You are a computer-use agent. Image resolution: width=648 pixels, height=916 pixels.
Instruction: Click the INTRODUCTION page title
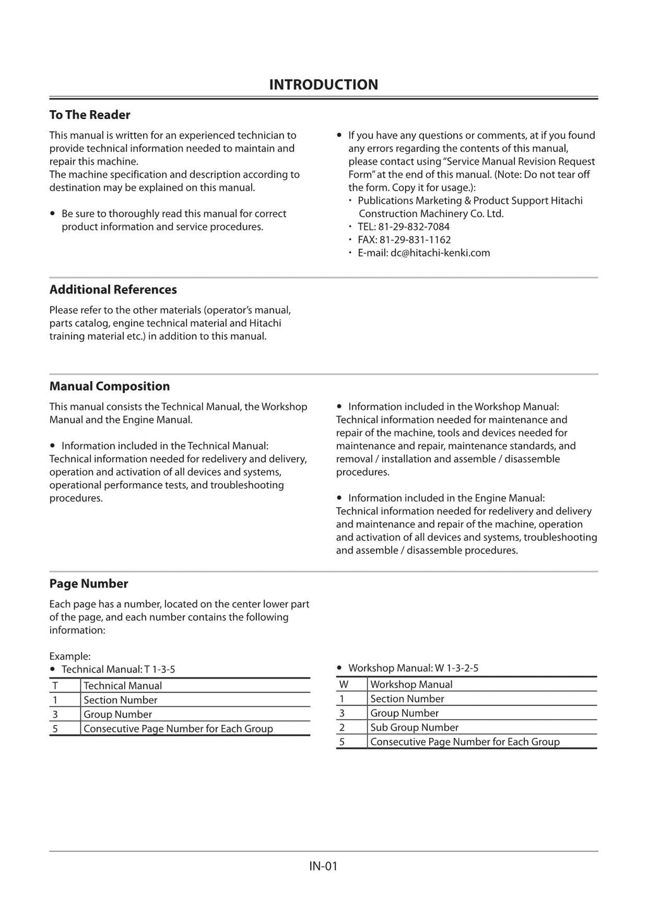pyautogui.click(x=323, y=85)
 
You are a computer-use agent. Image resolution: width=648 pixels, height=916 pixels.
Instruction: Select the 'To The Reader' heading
pyautogui.click(x=90, y=115)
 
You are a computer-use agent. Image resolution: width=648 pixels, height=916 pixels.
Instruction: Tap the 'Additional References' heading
pyautogui.click(x=113, y=289)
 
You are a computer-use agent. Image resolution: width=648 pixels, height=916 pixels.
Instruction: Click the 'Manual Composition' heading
pyautogui.click(x=109, y=386)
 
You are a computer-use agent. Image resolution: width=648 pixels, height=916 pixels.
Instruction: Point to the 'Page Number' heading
pyautogui.click(x=89, y=584)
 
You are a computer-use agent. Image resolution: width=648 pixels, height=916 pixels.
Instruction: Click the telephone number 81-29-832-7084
pyautogui.click(x=414, y=227)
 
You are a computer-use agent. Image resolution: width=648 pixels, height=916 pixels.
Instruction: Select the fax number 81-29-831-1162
pyautogui.click(x=415, y=240)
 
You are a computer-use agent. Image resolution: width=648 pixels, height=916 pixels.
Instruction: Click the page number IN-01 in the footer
pyautogui.click(x=323, y=866)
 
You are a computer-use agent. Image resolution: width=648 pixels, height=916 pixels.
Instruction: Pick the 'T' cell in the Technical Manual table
pyautogui.click(x=55, y=686)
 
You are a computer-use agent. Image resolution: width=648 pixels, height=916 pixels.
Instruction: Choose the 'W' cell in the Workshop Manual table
pyautogui.click(x=344, y=684)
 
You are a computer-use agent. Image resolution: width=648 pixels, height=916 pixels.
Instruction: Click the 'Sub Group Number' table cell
pyautogui.click(x=414, y=727)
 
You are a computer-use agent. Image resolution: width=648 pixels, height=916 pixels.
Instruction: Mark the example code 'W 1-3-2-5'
pyautogui.click(x=456, y=668)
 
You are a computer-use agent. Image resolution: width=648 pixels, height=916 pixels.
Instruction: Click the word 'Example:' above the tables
pyautogui.click(x=70, y=656)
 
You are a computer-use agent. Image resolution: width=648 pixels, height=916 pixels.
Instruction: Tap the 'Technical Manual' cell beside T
pyautogui.click(x=123, y=686)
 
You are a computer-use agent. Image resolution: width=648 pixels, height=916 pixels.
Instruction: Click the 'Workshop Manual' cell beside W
pyautogui.click(x=411, y=684)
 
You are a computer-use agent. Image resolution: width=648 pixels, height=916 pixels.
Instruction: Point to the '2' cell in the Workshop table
pyautogui.click(x=342, y=727)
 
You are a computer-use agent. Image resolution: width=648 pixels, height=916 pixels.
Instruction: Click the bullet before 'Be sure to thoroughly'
pyautogui.click(x=53, y=214)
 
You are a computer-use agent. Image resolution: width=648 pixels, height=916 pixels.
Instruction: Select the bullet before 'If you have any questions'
pyautogui.click(x=340, y=135)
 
